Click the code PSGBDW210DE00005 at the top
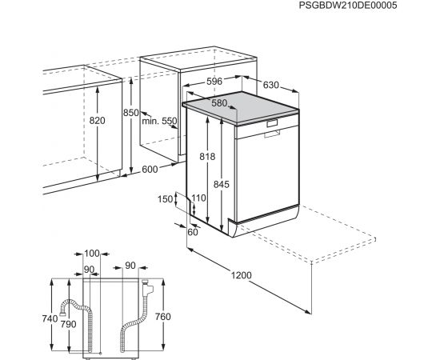[348, 6]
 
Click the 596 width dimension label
[214, 82]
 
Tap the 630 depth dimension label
[271, 85]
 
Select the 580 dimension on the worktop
[219, 103]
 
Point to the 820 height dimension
[97, 120]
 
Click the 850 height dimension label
[130, 113]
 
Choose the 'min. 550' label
[159, 122]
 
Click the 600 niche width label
[150, 170]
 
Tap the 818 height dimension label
[207, 156]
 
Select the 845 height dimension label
[222, 184]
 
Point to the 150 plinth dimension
[165, 199]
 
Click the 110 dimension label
[198, 198]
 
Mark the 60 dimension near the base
[193, 232]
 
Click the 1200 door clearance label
[242, 275]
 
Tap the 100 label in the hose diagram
[92, 254]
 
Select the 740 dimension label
[50, 318]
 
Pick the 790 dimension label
[69, 324]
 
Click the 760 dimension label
[163, 317]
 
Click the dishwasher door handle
[272, 134]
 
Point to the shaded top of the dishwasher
[241, 106]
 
